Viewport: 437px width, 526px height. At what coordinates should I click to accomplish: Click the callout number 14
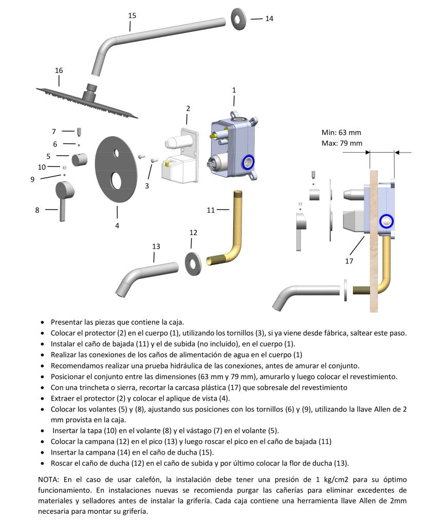269,18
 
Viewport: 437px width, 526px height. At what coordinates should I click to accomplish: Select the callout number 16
59,70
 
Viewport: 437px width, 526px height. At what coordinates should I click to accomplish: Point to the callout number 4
117,225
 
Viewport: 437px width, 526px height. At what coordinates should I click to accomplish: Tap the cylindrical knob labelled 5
80,159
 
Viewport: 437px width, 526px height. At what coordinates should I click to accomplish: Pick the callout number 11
211,210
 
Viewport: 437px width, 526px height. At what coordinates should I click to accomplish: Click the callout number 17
350,261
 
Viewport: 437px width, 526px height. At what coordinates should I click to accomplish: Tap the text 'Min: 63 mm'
341,133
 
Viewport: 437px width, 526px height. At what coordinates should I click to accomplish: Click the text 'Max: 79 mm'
341,143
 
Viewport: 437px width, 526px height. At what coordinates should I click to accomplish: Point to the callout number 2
188,108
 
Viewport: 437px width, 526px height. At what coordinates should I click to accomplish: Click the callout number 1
234,90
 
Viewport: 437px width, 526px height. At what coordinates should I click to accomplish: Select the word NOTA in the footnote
49,478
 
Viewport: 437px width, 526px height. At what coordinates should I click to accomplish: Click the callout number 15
132,15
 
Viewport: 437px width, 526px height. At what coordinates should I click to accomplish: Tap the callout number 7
53,131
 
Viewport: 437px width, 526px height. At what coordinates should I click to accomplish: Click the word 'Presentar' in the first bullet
67,322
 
